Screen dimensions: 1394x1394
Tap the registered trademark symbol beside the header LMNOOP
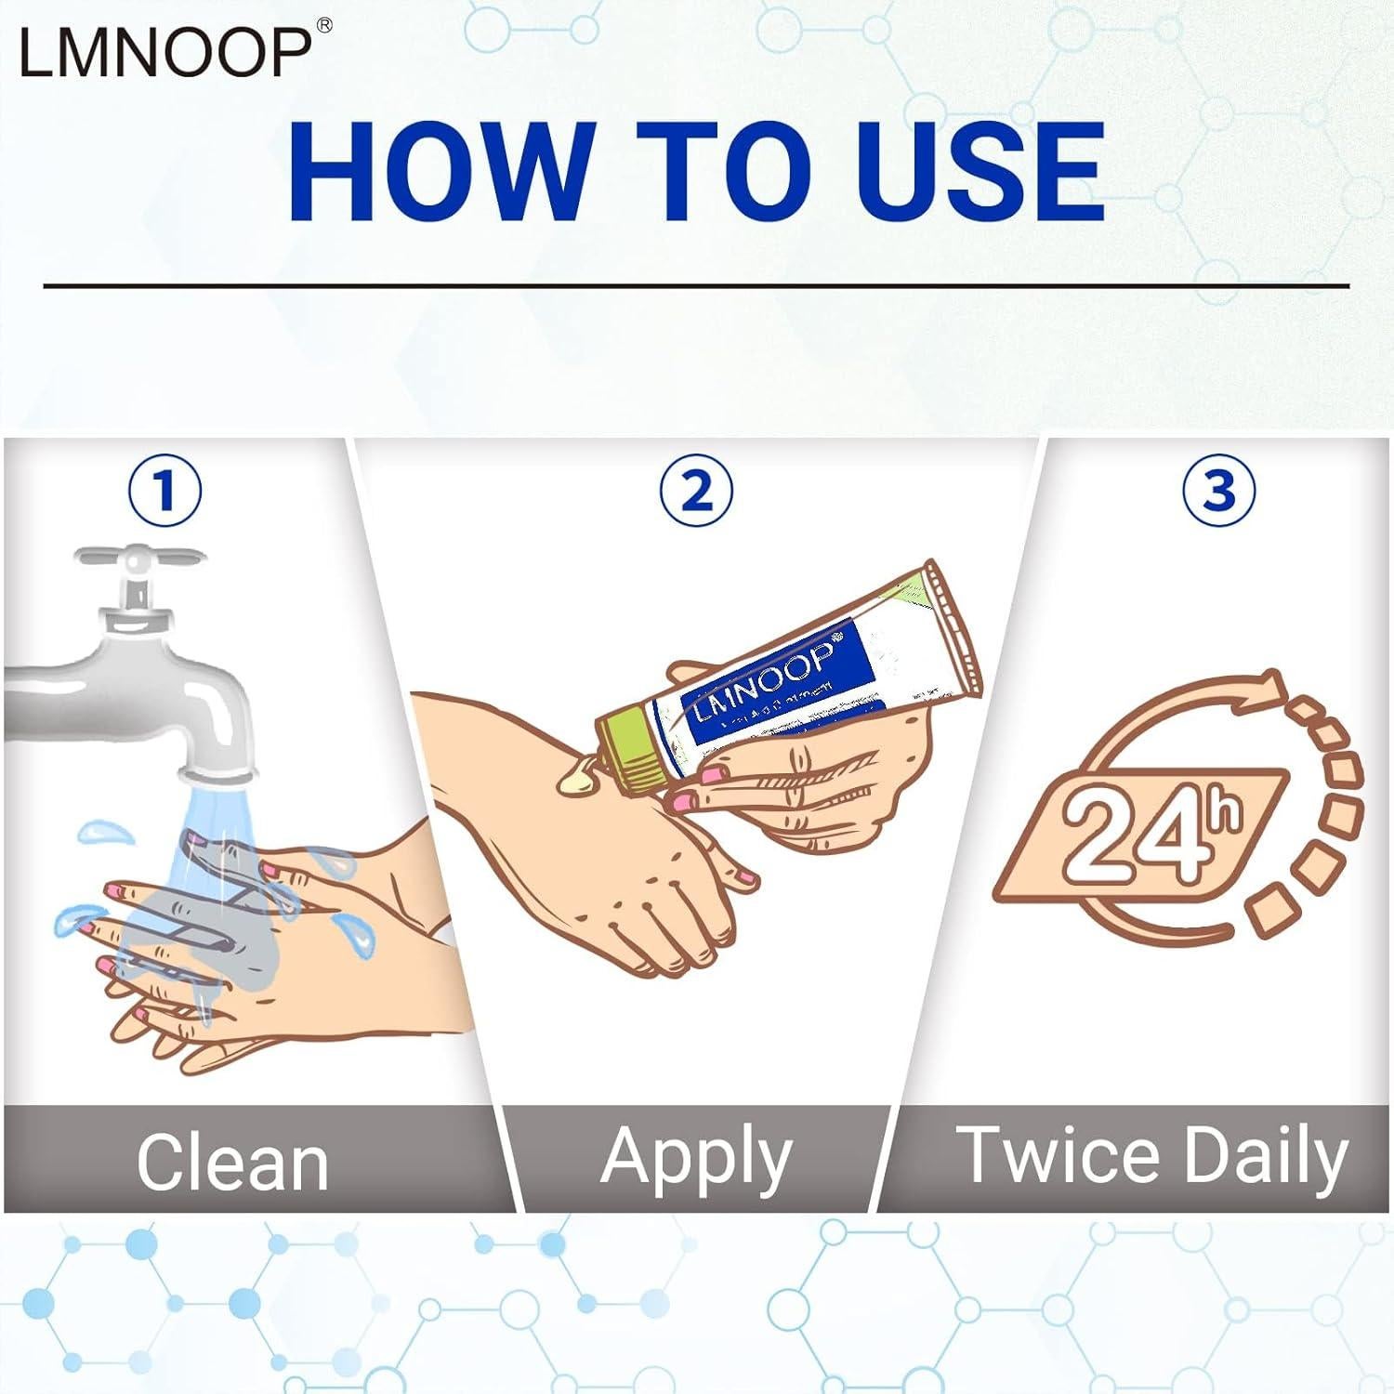324,26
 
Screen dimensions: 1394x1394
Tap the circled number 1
165,490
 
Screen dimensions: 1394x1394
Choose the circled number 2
696,490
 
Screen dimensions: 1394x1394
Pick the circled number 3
1218,490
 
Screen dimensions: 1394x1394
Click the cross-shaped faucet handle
139,559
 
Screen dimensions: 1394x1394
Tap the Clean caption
232,1162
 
